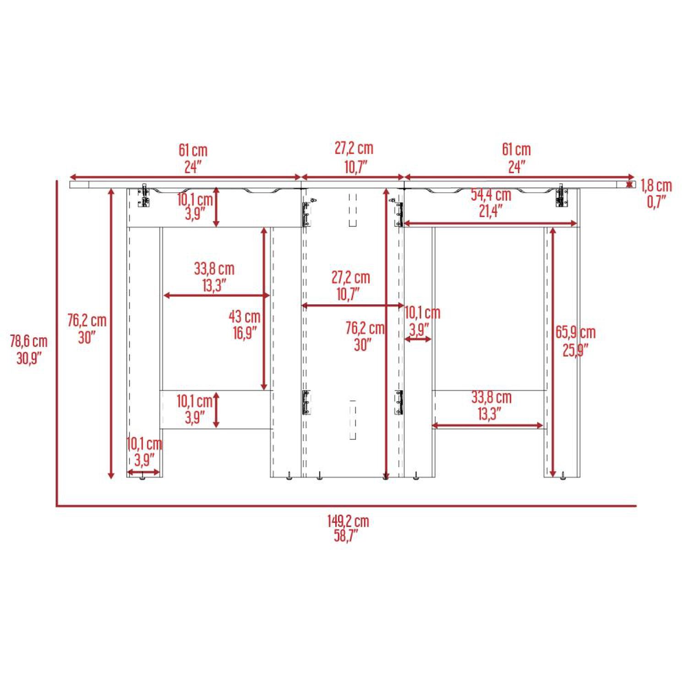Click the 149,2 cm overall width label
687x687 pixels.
pyautogui.click(x=348, y=521)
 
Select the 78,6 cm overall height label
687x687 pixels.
pyautogui.click(x=29, y=341)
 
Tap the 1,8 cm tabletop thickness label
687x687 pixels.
pyautogui.click(x=656, y=185)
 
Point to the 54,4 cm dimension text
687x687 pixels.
pyautogui.click(x=491, y=195)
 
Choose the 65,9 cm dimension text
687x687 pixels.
pyautogui.click(x=575, y=333)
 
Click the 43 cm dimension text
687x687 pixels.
pyautogui.click(x=245, y=316)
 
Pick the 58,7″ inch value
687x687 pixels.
pyautogui.click(x=346, y=535)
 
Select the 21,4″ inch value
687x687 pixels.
pyautogui.click(x=491, y=211)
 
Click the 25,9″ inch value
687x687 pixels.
pyautogui.click(x=575, y=350)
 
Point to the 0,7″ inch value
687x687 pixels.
pyautogui.click(x=656, y=202)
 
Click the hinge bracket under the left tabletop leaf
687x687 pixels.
pyautogui.click(x=144, y=196)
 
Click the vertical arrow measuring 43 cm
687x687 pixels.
pyautogui.click(x=264, y=309)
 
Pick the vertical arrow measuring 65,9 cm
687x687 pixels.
pyautogui.click(x=553, y=352)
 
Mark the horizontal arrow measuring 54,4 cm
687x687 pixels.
pyautogui.click(x=491, y=224)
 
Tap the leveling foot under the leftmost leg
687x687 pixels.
pyautogui.click(x=142, y=479)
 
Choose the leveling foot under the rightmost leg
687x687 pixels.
pyautogui.click(x=562, y=479)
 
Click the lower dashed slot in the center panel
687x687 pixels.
pyautogui.click(x=353, y=420)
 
